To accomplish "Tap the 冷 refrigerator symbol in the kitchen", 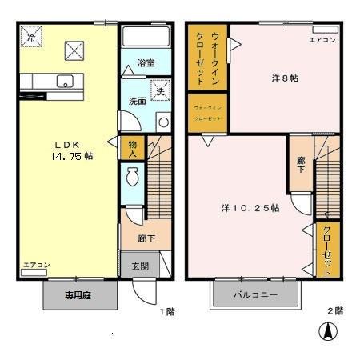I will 31,37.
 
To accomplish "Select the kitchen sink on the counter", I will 65,80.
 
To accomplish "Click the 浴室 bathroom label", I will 145,63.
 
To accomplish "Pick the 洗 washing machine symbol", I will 158,91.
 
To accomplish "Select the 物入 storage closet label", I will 131,148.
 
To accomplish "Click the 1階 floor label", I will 166,310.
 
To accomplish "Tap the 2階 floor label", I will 334,310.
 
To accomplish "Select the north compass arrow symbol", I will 326,330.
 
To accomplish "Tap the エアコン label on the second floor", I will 322,40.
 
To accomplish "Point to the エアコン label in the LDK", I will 36,265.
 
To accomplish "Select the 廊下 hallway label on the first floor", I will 145,238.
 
